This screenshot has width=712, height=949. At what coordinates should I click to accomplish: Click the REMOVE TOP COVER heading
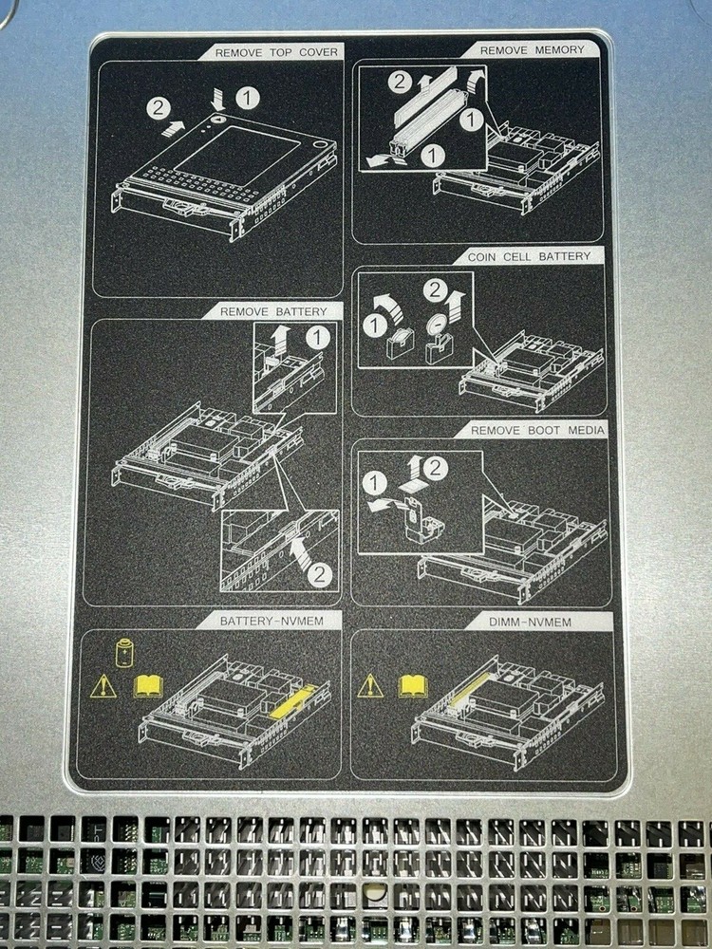[x=275, y=52]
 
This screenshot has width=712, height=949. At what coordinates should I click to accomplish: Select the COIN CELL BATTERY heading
[x=529, y=256]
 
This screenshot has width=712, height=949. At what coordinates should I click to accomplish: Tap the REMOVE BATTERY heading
[x=273, y=311]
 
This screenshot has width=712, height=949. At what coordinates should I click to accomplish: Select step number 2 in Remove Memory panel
[x=401, y=82]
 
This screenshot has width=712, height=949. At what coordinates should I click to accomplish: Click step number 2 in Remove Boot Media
[x=435, y=467]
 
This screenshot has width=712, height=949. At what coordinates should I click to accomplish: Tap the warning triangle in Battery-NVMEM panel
[x=103, y=685]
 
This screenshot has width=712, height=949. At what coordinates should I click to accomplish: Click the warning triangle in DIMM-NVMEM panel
[x=370, y=685]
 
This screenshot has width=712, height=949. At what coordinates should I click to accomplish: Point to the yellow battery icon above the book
[x=124, y=655]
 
